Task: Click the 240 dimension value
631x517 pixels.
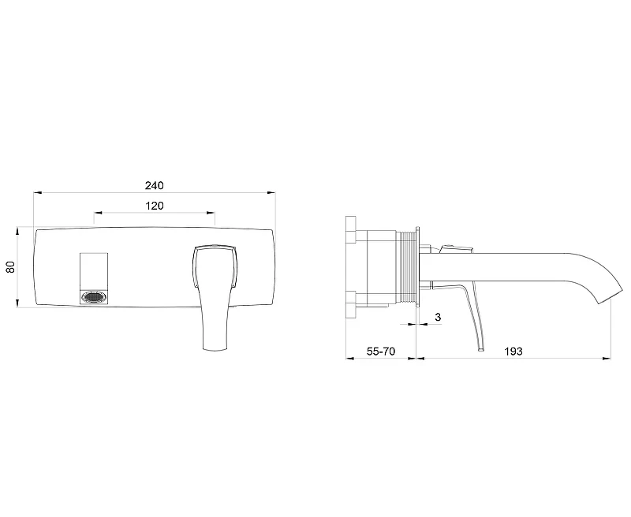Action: coord(154,185)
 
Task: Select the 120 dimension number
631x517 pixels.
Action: coord(154,206)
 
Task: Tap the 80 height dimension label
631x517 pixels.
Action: coord(10,267)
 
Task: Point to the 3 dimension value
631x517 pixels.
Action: coord(438,317)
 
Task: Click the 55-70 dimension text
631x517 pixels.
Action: coord(381,351)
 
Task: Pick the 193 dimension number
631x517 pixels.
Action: coord(513,351)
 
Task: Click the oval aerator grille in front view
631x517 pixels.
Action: coord(94,297)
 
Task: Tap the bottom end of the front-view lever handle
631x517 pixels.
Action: coord(215,350)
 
